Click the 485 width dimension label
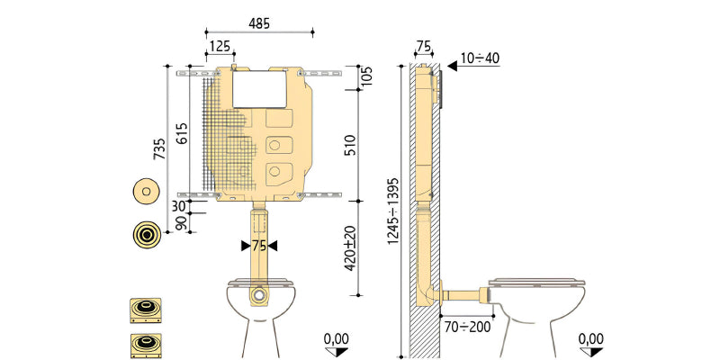[x=259, y=23]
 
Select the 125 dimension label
[x=220, y=47]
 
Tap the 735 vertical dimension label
[x=159, y=148]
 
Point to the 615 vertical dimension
[x=183, y=133]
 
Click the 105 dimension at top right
[x=367, y=76]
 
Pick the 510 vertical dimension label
[x=350, y=145]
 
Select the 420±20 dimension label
[x=350, y=248]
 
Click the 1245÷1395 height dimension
[x=393, y=211]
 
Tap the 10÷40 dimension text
[x=481, y=58]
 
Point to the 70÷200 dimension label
[x=467, y=327]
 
